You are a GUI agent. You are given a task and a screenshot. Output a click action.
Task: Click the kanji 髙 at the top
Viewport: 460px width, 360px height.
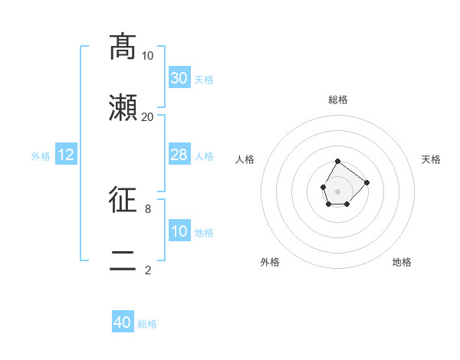click(123, 47)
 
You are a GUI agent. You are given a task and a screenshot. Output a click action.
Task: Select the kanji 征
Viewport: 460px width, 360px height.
click(123, 200)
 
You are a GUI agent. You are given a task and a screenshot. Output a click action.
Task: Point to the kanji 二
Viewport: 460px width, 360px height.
click(123, 261)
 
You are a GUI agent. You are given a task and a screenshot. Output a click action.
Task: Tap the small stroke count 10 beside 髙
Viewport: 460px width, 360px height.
click(147, 56)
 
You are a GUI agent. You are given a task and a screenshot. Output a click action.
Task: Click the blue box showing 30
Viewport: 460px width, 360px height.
click(179, 78)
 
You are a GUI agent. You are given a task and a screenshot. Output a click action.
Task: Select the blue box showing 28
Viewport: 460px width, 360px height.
click(179, 155)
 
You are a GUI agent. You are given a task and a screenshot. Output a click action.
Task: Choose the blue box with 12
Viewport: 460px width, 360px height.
click(66, 155)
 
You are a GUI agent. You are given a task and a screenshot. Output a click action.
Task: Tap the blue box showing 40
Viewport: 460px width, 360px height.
click(123, 323)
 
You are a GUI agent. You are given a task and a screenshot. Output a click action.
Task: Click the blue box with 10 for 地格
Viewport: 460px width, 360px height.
click(179, 231)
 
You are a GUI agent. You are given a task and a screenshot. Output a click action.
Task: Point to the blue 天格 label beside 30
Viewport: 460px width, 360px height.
click(204, 80)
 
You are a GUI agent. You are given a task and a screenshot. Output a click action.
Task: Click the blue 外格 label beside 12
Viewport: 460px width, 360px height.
click(41, 156)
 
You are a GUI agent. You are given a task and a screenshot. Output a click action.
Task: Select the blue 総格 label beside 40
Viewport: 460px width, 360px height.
click(147, 324)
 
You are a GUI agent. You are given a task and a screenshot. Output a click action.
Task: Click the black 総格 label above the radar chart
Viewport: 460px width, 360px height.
click(338, 100)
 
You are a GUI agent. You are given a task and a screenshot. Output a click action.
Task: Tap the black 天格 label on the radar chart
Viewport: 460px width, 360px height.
click(432, 159)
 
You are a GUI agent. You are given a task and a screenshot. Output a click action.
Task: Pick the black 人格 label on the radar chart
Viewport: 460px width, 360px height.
click(245, 159)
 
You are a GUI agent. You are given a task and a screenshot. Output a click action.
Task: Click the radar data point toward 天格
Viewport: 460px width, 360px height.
click(366, 182)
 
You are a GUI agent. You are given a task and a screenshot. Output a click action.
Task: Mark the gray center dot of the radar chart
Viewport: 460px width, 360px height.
click(337, 190)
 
